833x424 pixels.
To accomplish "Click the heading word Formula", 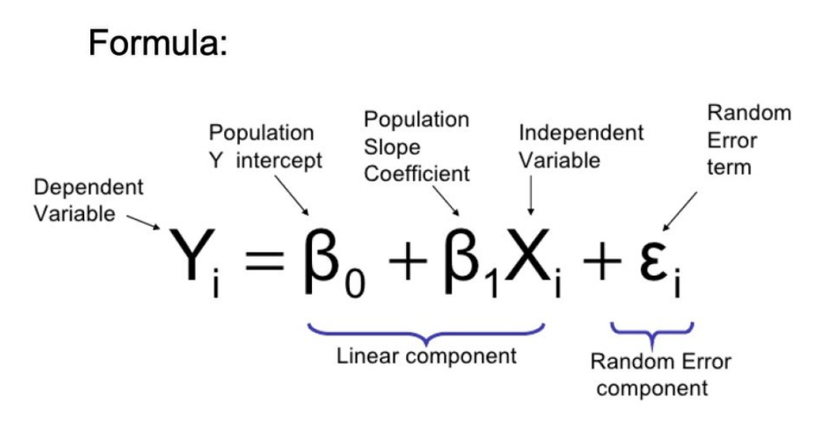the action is point(157,42).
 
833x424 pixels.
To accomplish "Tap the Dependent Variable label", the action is point(88,200).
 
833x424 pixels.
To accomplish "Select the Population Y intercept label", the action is point(265,147).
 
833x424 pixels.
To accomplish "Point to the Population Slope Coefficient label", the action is point(417,147).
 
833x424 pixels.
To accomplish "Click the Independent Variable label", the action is point(581,147).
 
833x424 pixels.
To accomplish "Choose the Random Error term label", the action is point(749,140).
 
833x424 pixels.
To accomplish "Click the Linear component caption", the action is point(427,356).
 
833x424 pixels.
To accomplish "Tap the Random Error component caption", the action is point(661,375).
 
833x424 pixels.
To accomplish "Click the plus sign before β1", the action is point(408,263).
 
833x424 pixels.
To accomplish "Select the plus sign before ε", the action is point(602,263).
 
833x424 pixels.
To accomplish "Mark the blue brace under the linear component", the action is point(426,336).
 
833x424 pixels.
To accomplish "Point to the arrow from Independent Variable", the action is point(530,195).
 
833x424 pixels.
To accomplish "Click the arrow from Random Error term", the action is point(680,212).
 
